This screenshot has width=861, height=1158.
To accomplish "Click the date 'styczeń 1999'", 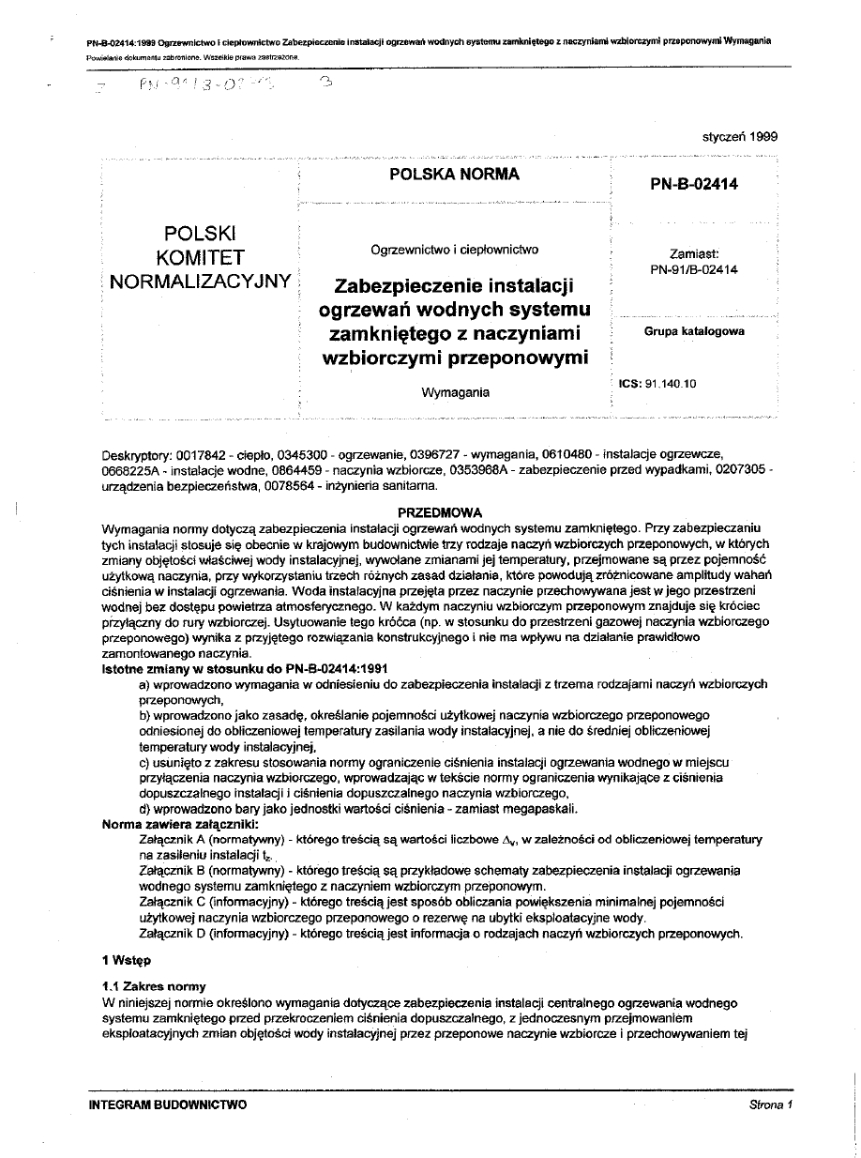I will [740, 136].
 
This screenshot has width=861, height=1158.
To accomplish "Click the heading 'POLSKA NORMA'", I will [454, 175].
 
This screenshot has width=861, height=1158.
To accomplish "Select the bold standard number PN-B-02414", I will [694, 184].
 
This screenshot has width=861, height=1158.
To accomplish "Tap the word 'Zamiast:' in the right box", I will [694, 253].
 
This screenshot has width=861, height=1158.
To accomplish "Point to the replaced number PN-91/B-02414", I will [694, 269].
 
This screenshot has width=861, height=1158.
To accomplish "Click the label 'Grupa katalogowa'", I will [694, 331].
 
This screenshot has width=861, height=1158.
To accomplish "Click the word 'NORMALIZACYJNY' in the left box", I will [200, 280].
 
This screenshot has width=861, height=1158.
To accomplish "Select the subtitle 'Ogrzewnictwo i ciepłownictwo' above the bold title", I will [454, 250].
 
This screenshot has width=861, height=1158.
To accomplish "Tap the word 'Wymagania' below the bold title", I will [455, 392].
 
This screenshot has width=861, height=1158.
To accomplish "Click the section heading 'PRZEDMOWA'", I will [440, 513].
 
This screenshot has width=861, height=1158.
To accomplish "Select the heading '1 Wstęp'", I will [126, 960].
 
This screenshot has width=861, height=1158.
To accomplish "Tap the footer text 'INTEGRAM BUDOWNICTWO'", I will [168, 1105].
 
